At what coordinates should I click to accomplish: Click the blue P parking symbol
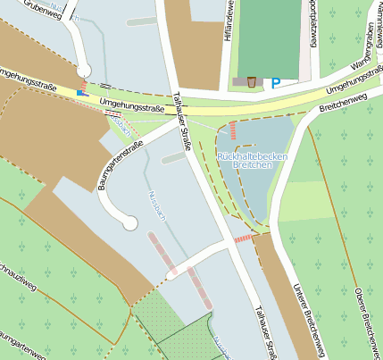[276, 82]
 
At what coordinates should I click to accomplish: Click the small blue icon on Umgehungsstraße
[81, 91]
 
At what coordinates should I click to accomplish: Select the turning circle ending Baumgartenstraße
[130, 223]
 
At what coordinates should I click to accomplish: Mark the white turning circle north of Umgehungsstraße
[84, 70]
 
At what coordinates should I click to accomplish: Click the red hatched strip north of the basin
[233, 130]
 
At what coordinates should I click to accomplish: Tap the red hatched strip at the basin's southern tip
[243, 239]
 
